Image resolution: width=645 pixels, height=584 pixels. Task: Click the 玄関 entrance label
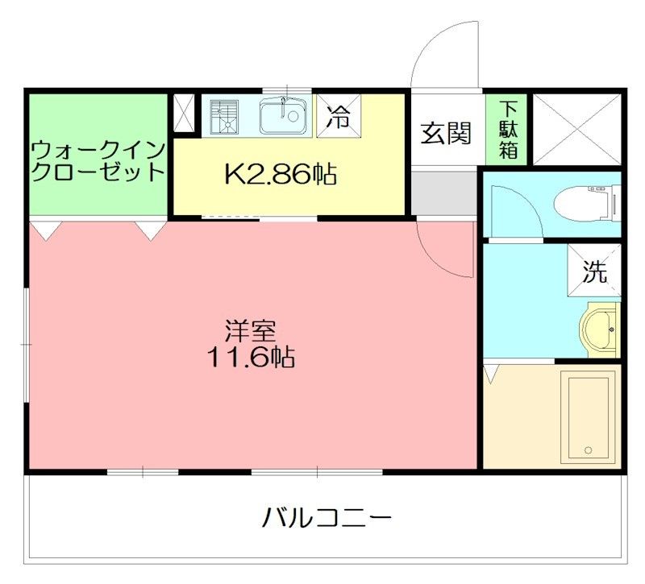[x=445, y=132]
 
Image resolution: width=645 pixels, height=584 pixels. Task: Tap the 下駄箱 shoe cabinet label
[x=508, y=129]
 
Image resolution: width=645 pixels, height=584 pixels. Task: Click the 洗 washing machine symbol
[x=595, y=273]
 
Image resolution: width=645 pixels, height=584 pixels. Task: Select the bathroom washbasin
[x=600, y=329]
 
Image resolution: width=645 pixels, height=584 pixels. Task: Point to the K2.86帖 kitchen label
[x=281, y=173]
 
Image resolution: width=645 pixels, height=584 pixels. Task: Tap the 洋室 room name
[x=251, y=330]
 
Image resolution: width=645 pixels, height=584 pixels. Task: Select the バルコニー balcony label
[x=327, y=516]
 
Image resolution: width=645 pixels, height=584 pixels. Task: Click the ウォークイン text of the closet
[x=98, y=150]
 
